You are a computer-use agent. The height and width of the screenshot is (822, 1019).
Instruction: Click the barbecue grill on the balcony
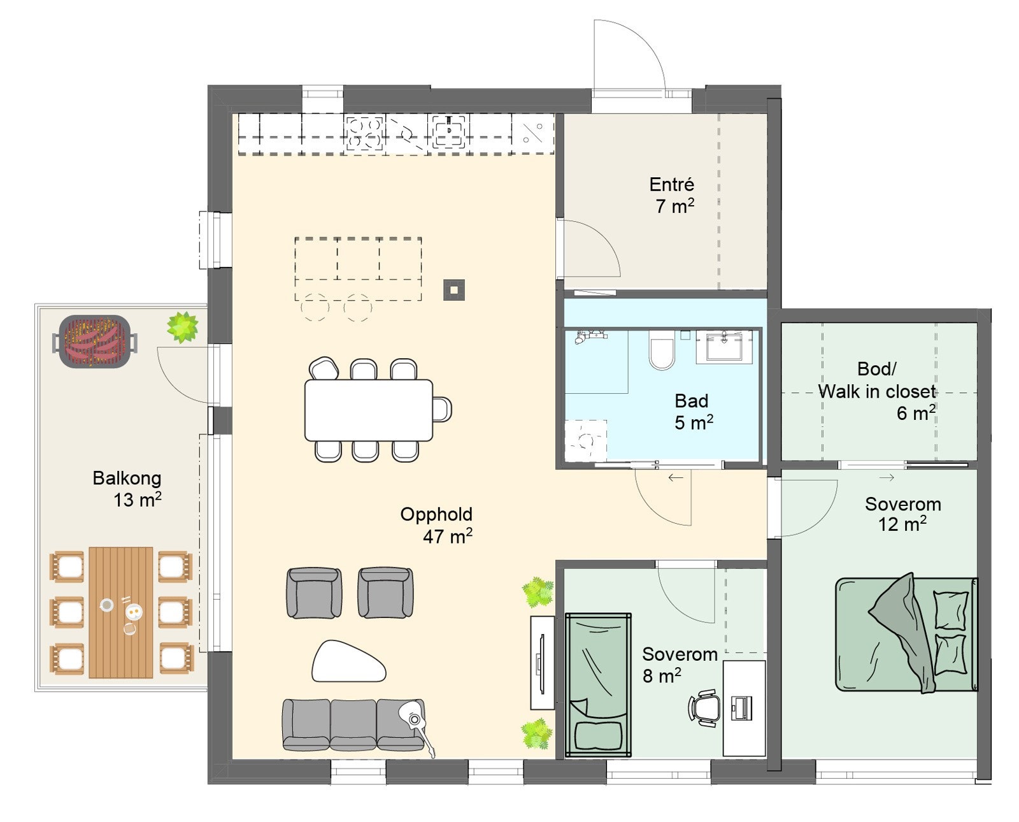pyautogui.click(x=95, y=341)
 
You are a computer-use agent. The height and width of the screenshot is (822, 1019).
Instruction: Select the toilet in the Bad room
pyautogui.click(x=662, y=350)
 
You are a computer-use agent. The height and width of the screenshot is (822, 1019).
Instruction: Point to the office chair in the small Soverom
pyautogui.click(x=704, y=707)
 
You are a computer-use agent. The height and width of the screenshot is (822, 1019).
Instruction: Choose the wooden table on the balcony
pyautogui.click(x=121, y=612)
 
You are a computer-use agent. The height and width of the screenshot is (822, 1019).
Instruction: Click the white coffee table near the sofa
pyautogui.click(x=348, y=662)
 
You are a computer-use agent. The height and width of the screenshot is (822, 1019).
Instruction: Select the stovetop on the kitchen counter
pyautogui.click(x=364, y=133)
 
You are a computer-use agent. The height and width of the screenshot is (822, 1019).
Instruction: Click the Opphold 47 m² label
pyautogui.click(x=436, y=526)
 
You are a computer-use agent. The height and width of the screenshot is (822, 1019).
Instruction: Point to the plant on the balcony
pyautogui.click(x=182, y=327)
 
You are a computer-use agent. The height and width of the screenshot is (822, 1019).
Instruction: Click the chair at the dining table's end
pyautogui.click(x=442, y=409)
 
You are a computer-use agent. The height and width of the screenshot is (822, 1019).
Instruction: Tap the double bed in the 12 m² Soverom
pyautogui.click(x=906, y=633)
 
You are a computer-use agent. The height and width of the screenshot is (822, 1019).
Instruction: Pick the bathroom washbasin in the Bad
pyautogui.click(x=724, y=347)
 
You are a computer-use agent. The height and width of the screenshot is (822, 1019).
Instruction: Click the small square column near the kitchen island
pyautogui.click(x=453, y=290)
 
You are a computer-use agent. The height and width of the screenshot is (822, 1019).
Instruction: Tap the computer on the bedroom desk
pyautogui.click(x=741, y=709)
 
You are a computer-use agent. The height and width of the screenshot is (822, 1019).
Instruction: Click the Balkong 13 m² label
pyautogui.click(x=127, y=489)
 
